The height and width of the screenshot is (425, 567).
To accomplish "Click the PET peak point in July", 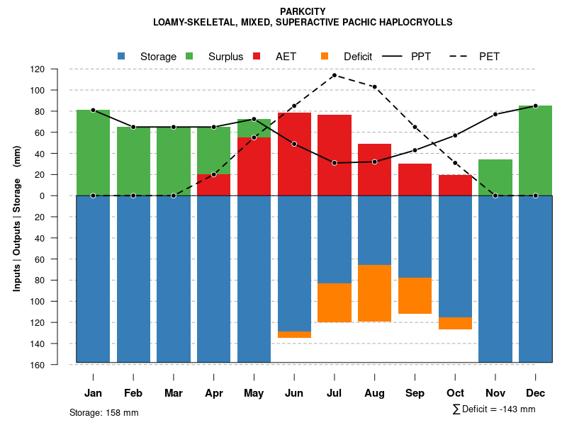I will pyautogui.click(x=334, y=75).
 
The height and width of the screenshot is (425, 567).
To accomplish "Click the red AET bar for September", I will pyautogui.click(x=415, y=179).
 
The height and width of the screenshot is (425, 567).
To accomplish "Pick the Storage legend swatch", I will pyautogui.click(x=121, y=56).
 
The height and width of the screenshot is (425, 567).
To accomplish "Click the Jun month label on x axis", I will pyautogui.click(x=294, y=393).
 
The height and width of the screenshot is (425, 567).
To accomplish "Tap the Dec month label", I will pyautogui.click(x=535, y=393).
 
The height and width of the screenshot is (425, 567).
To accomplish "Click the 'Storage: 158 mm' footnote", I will pyautogui.click(x=104, y=412).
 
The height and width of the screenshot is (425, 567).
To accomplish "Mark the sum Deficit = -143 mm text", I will pyautogui.click(x=494, y=409).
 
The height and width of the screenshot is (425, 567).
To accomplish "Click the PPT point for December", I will pyautogui.click(x=535, y=106).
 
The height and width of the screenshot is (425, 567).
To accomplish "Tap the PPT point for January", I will pyautogui.click(x=93, y=110).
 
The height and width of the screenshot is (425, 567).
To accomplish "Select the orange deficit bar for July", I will pyautogui.click(x=334, y=302).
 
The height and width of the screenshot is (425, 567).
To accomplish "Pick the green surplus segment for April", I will pyautogui.click(x=213, y=150).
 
